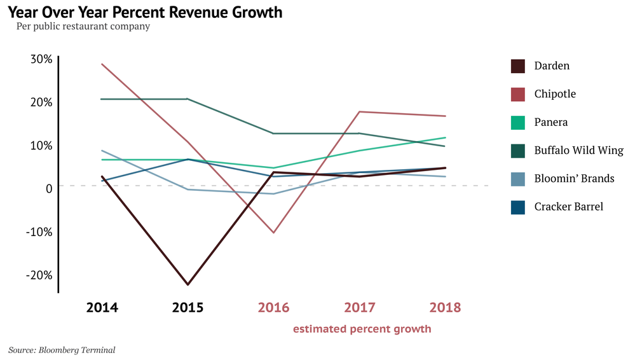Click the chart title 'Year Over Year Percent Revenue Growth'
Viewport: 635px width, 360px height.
click(146, 12)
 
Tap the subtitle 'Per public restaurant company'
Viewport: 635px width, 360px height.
click(83, 27)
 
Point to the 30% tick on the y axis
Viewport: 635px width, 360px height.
click(41, 59)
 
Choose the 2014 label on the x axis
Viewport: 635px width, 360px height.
click(102, 308)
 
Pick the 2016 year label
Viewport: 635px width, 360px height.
click(273, 308)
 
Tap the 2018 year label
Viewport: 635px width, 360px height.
click(445, 308)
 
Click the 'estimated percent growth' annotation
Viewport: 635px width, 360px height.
click(362, 329)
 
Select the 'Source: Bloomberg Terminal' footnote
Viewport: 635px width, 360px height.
click(62, 350)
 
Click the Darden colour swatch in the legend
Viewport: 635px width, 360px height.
click(518, 66)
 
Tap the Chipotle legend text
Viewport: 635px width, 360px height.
click(555, 94)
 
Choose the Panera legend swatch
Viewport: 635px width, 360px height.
click(518, 122)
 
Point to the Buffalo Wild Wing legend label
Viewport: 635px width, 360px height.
click(578, 151)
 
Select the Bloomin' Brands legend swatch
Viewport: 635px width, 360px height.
click(518, 179)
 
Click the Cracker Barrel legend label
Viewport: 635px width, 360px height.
click(568, 207)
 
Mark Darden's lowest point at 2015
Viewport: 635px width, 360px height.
click(188, 284)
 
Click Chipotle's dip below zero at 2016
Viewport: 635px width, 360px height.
click(273, 233)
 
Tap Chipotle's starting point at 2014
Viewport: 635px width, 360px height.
click(102, 64)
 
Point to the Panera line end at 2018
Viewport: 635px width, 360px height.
click(445, 137)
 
